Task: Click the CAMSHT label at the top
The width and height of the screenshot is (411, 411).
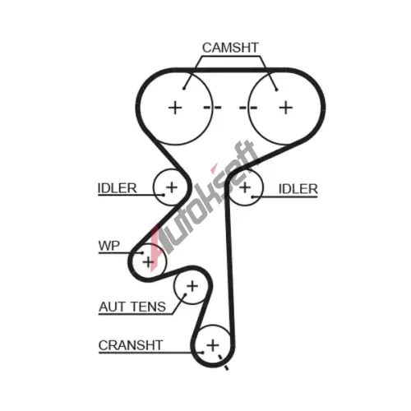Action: (x=230, y=48)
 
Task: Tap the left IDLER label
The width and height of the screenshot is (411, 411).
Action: (x=117, y=188)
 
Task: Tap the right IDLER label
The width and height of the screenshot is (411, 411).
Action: (x=298, y=189)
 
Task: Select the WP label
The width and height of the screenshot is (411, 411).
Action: (x=109, y=246)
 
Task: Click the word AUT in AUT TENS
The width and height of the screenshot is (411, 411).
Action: (x=112, y=307)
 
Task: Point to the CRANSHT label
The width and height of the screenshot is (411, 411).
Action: (x=131, y=345)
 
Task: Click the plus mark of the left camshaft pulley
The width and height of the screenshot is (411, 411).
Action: (x=175, y=108)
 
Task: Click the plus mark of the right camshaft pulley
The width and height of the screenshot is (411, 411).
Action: (x=286, y=108)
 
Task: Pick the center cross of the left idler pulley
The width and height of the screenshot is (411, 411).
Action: (x=172, y=187)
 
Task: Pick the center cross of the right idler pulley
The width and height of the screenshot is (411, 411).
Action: (x=245, y=187)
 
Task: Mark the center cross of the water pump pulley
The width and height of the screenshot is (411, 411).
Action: (x=148, y=262)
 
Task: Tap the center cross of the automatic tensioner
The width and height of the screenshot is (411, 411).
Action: (x=192, y=286)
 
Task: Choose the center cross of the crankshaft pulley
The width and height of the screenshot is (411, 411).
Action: (x=213, y=345)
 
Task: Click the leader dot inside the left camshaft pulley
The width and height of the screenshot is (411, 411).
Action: (x=184, y=88)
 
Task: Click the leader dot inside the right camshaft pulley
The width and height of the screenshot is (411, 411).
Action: (x=277, y=90)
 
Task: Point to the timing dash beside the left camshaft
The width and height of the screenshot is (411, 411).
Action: (x=212, y=107)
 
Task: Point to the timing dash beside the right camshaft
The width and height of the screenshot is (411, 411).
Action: (x=248, y=107)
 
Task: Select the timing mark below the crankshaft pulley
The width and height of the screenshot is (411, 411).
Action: (x=223, y=363)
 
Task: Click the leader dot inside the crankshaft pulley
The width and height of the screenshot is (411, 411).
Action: (x=202, y=353)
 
